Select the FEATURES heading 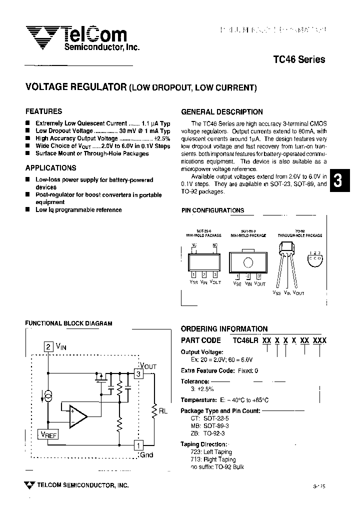[44, 111]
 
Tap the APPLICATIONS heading [51, 168]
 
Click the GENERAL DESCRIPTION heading [222, 112]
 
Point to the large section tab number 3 [337, 181]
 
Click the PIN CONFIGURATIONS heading [213, 211]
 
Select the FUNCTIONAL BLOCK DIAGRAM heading [69, 323]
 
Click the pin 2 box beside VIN [48, 346]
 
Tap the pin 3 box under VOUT [138, 373]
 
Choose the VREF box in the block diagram [49, 435]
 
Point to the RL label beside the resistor [163, 411]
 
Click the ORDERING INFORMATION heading [224, 329]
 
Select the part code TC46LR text [246, 340]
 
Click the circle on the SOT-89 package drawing [248, 263]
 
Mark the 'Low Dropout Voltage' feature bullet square [28, 130]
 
